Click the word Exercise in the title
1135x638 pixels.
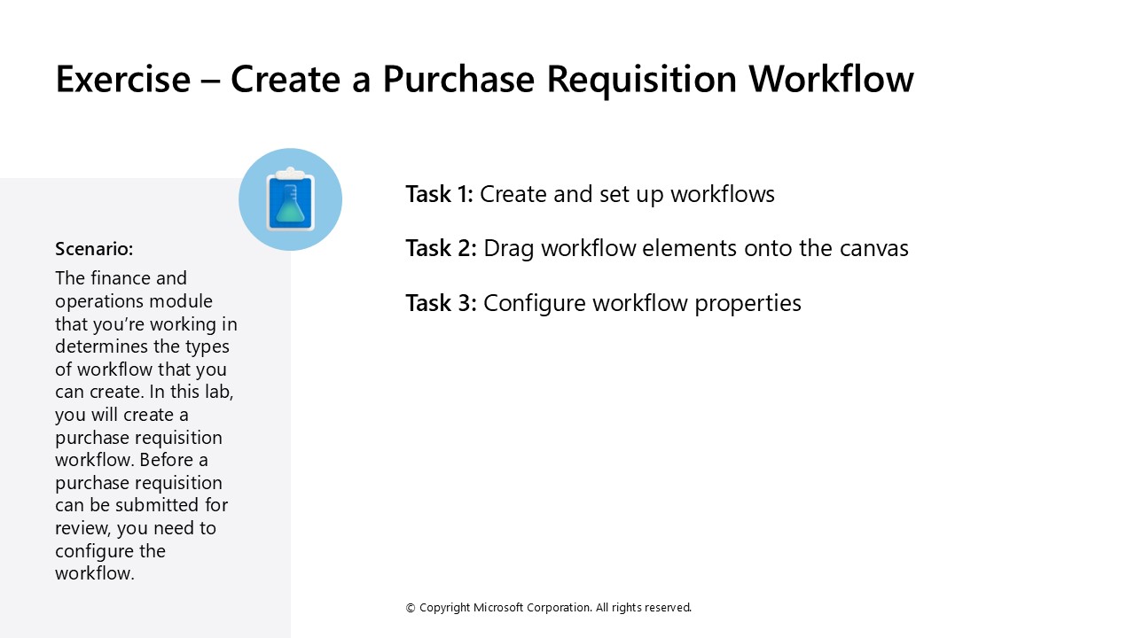pos(122,79)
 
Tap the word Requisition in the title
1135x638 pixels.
pos(640,79)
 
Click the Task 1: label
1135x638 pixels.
pos(439,194)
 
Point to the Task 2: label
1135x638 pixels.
pos(441,248)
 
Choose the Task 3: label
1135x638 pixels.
pos(441,303)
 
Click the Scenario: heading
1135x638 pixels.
pos(94,248)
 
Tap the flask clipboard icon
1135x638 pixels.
pos(290,199)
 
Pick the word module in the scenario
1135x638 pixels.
pos(183,301)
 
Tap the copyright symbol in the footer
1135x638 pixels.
pos(411,608)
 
